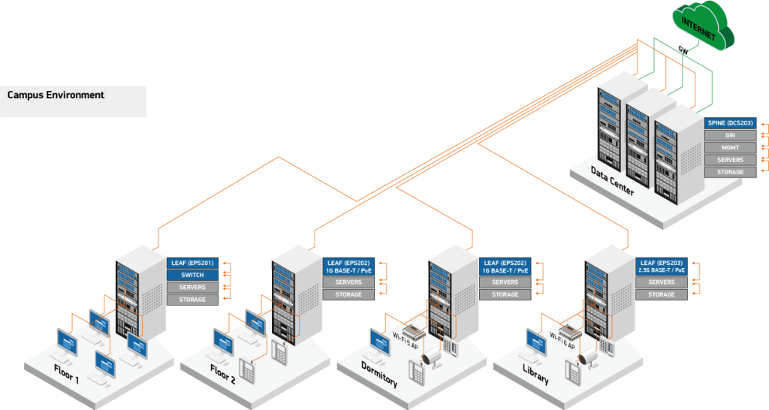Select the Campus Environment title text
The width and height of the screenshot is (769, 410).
[x=56, y=95]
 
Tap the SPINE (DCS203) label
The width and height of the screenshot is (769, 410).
[x=730, y=123]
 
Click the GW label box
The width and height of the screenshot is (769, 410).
[x=730, y=135]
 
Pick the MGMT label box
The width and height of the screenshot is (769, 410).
[x=730, y=148]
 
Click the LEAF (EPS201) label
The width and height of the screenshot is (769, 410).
[x=192, y=263]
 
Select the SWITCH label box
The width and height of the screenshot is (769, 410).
[x=192, y=276]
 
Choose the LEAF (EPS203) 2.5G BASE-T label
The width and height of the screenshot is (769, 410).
[x=661, y=266]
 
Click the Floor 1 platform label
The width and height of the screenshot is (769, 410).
[x=66, y=372]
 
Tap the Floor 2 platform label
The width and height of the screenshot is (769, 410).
[x=222, y=375]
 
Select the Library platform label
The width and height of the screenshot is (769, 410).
[x=535, y=375]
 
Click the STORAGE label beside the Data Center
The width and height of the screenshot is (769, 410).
[x=730, y=172]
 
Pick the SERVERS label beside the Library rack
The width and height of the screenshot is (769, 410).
[x=661, y=282]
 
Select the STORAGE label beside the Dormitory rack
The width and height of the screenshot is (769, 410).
[x=505, y=294]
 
